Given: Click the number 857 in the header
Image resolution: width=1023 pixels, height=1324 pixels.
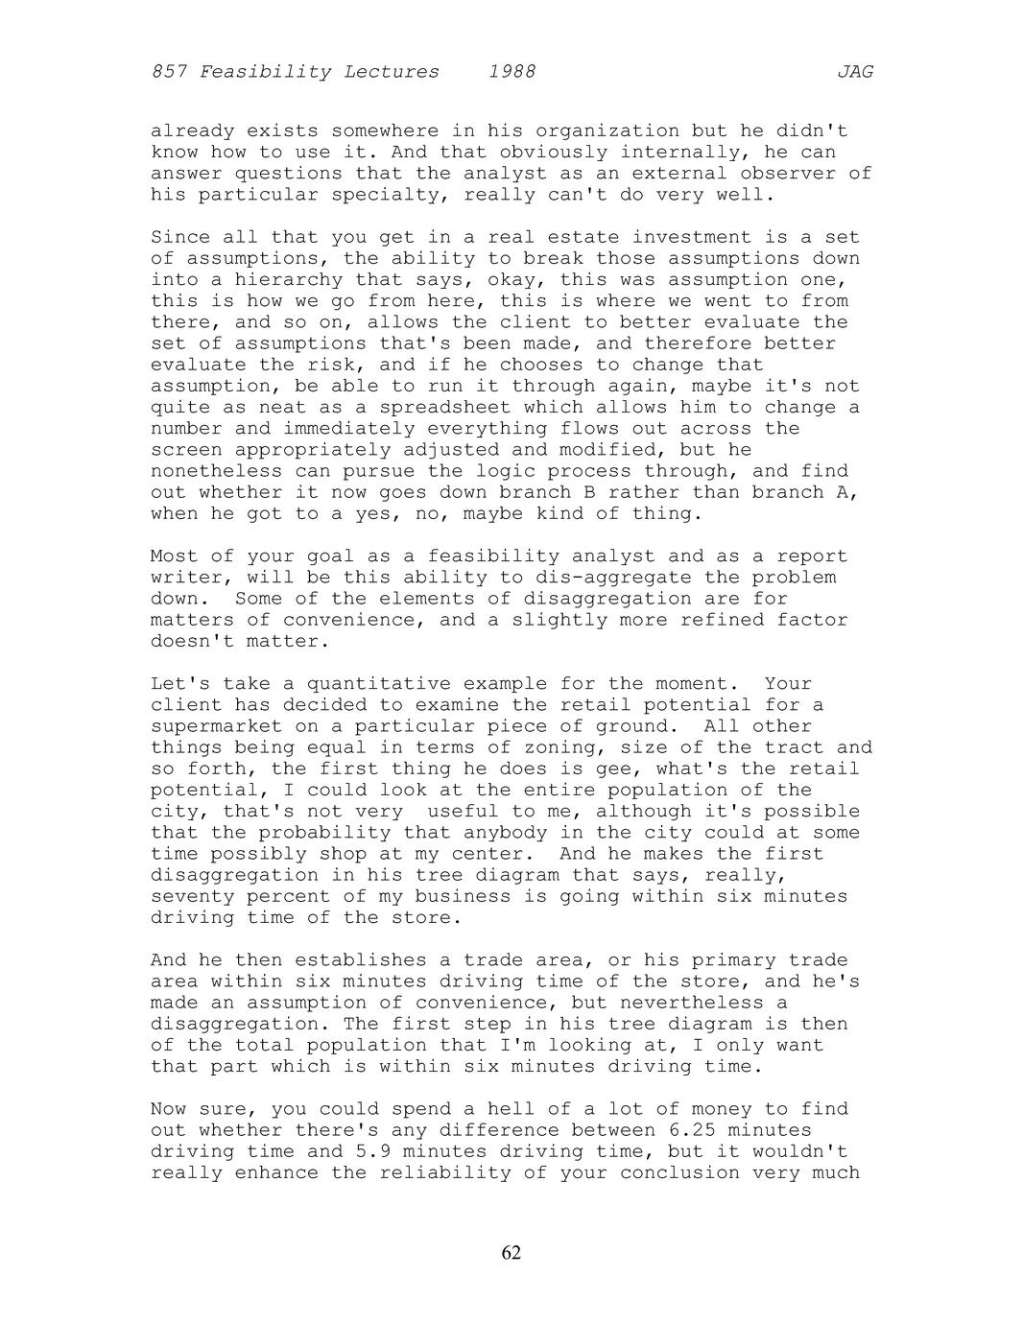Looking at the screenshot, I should coord(169,72).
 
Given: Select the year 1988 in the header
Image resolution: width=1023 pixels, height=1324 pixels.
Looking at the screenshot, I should coord(511,72).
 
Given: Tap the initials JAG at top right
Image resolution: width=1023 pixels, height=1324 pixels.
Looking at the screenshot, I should coord(855,72).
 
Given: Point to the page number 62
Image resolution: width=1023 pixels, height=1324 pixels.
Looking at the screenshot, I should coord(511,1253).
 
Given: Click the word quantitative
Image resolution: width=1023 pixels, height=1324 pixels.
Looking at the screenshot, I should coord(379,684).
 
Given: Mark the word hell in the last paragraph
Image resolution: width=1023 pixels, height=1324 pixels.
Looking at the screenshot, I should coord(511,1109).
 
